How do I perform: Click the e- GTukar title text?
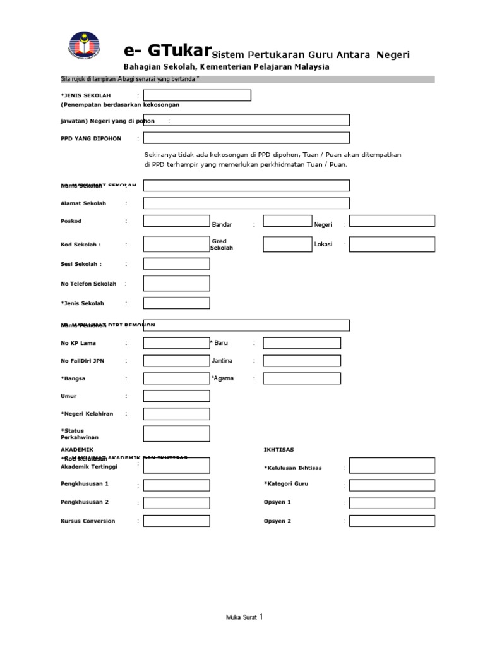tap(166, 51)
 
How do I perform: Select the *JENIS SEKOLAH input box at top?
tap(197, 95)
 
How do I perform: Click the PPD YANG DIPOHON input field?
tap(246, 138)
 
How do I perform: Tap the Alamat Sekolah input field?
tap(246, 203)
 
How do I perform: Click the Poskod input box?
tap(176, 221)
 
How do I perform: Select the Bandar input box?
tap(287, 221)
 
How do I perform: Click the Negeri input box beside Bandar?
tap(392, 221)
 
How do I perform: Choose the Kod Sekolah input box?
tap(176, 245)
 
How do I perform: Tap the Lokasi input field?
tap(392, 245)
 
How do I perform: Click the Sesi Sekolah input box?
tap(176, 264)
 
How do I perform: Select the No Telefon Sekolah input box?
tap(176, 284)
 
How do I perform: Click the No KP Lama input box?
tap(176, 343)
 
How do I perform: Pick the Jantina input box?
tap(302, 361)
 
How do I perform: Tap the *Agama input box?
tap(302, 378)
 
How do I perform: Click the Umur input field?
tap(176, 396)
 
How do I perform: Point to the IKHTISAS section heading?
tap(278, 449)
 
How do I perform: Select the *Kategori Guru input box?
tap(392, 485)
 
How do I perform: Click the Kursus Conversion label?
tap(88, 521)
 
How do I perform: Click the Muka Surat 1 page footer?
tap(243, 617)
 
